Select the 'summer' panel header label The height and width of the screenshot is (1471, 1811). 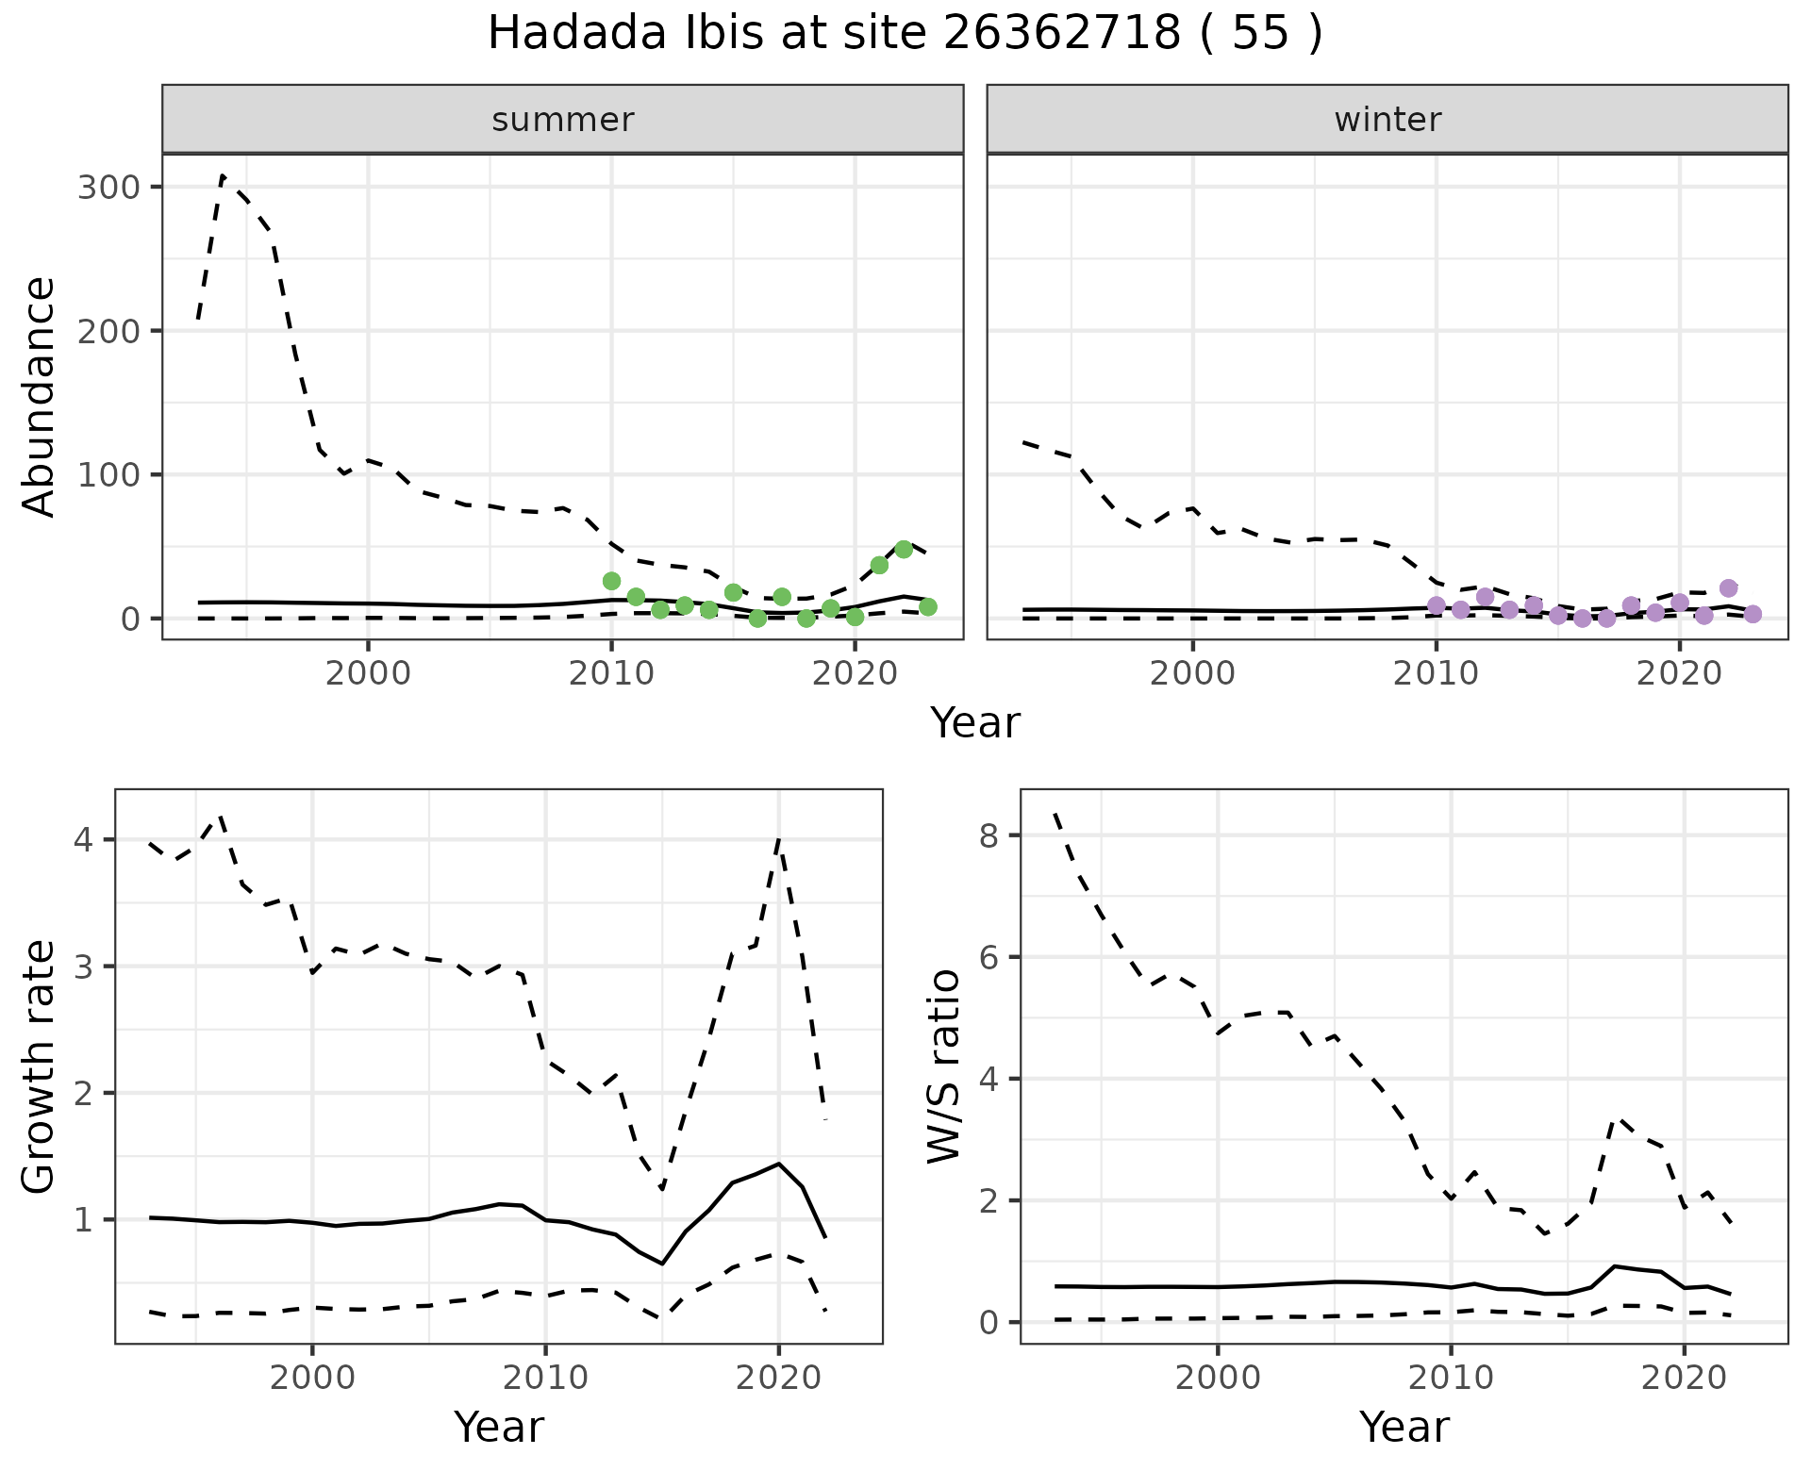pyautogui.click(x=563, y=120)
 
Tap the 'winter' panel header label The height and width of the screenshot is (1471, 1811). pyautogui.click(x=1387, y=120)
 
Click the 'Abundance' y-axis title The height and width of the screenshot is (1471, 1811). pyautogui.click(x=40, y=397)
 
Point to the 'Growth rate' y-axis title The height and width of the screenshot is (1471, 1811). pyautogui.click(x=40, y=1066)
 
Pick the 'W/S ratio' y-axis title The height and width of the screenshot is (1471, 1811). pyautogui.click(x=944, y=1066)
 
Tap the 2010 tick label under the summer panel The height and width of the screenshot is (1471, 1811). pyautogui.click(x=611, y=675)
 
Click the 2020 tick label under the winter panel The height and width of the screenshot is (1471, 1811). pyautogui.click(x=1679, y=675)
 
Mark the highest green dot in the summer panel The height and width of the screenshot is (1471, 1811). pyautogui.click(x=904, y=550)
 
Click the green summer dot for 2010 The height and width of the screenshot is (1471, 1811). pyautogui.click(x=611, y=581)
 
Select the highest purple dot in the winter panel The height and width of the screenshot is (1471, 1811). pyautogui.click(x=1728, y=588)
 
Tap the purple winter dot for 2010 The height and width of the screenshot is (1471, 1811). pyautogui.click(x=1436, y=605)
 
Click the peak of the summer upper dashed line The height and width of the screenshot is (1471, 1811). pyautogui.click(x=223, y=176)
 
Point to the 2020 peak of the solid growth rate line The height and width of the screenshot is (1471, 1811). pyautogui.click(x=778, y=1164)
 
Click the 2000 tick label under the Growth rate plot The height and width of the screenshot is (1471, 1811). pyautogui.click(x=311, y=1379)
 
